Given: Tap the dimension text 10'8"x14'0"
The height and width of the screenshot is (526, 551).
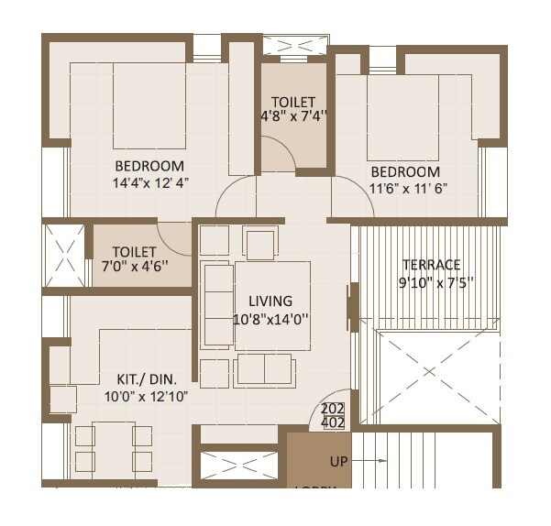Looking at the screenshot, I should (270, 320).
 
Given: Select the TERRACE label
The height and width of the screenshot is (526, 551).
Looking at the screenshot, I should (431, 265).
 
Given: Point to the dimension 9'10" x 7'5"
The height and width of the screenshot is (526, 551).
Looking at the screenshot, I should (431, 283).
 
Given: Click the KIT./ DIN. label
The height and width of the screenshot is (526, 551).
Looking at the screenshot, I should (147, 378).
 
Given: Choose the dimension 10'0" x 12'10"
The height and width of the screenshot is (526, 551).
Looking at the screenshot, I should (147, 396).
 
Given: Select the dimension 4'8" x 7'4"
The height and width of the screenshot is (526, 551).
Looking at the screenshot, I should (293, 117).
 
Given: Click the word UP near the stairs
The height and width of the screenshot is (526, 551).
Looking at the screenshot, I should (339, 462).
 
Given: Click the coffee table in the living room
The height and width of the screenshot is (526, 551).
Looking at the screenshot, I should (272, 304).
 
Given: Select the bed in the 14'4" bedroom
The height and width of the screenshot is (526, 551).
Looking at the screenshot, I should (149, 104).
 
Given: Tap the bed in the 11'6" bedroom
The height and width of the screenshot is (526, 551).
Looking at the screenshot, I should (403, 116).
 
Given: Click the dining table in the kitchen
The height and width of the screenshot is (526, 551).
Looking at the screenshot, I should (114, 448).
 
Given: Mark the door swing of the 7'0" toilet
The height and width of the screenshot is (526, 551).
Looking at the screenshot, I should (175, 236).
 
